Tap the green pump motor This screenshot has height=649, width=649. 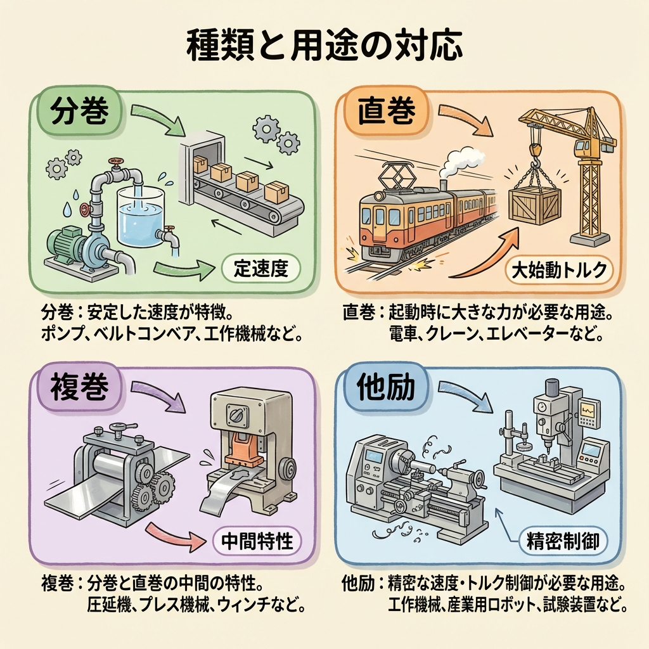tap(66, 244)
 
